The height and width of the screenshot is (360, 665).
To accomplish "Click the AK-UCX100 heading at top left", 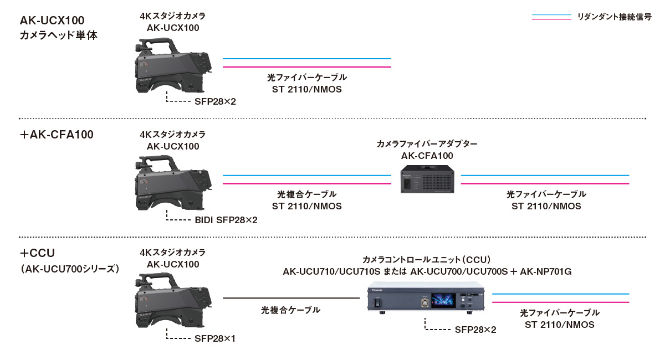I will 52,21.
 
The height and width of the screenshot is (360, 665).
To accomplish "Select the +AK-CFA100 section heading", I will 57,135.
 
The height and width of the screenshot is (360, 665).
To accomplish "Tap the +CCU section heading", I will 37,254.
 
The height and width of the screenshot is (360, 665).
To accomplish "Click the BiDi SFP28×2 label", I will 226,220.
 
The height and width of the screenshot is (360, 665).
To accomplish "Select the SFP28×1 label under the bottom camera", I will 215,338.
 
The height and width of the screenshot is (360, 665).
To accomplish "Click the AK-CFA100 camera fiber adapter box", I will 427,179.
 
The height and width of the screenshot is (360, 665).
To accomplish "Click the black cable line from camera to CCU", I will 291,299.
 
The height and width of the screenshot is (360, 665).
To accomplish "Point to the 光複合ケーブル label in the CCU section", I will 290,310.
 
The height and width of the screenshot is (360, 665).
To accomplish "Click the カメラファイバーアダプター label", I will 427,144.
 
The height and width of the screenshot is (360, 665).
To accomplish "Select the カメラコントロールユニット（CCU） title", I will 427,260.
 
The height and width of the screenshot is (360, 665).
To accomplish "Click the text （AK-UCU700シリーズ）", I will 70,269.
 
